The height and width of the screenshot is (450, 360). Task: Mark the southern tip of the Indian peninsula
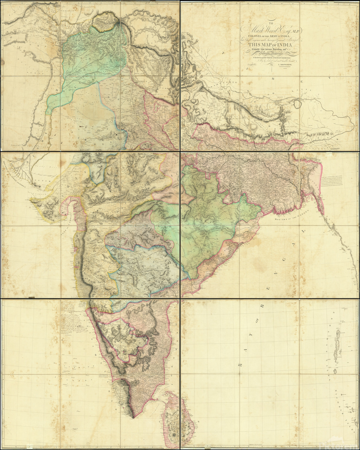[x=132, y=418]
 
